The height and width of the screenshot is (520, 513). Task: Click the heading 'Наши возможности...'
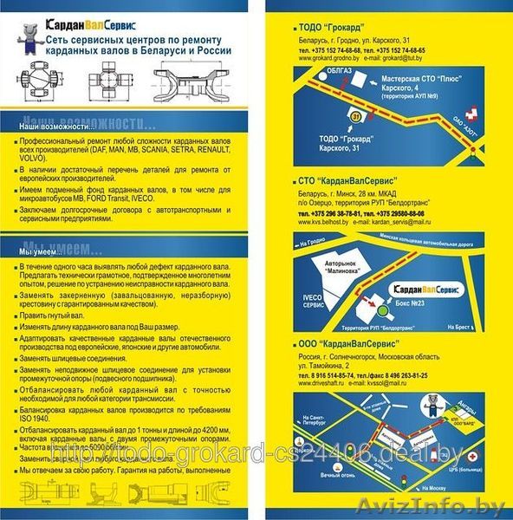[x=56, y=127]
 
